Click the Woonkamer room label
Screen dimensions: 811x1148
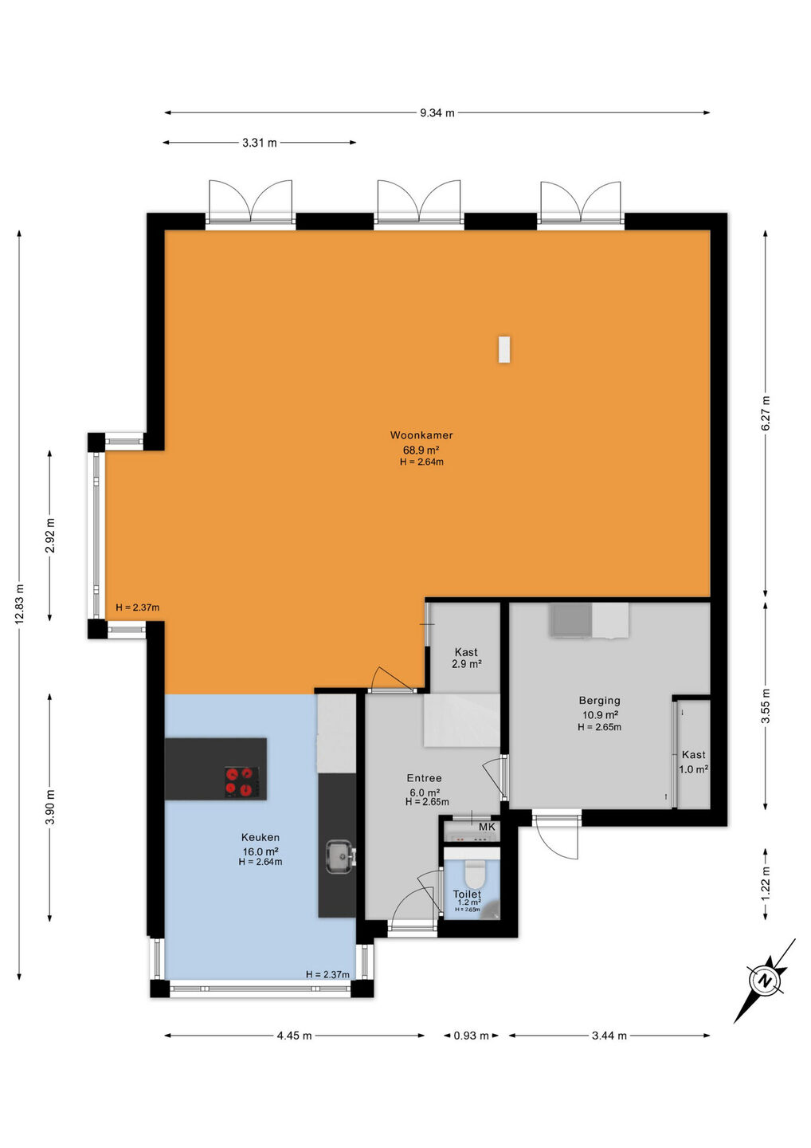point(421,435)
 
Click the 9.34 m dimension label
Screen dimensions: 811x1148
point(437,112)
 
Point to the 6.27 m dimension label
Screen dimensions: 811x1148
point(766,413)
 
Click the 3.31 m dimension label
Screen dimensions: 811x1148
point(260,143)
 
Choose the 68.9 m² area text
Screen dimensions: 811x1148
point(421,450)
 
